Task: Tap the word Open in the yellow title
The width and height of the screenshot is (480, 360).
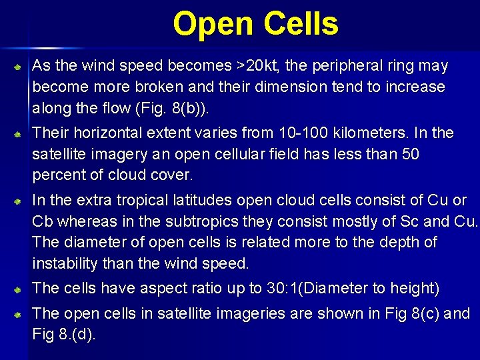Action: pyautogui.click(x=214, y=24)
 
